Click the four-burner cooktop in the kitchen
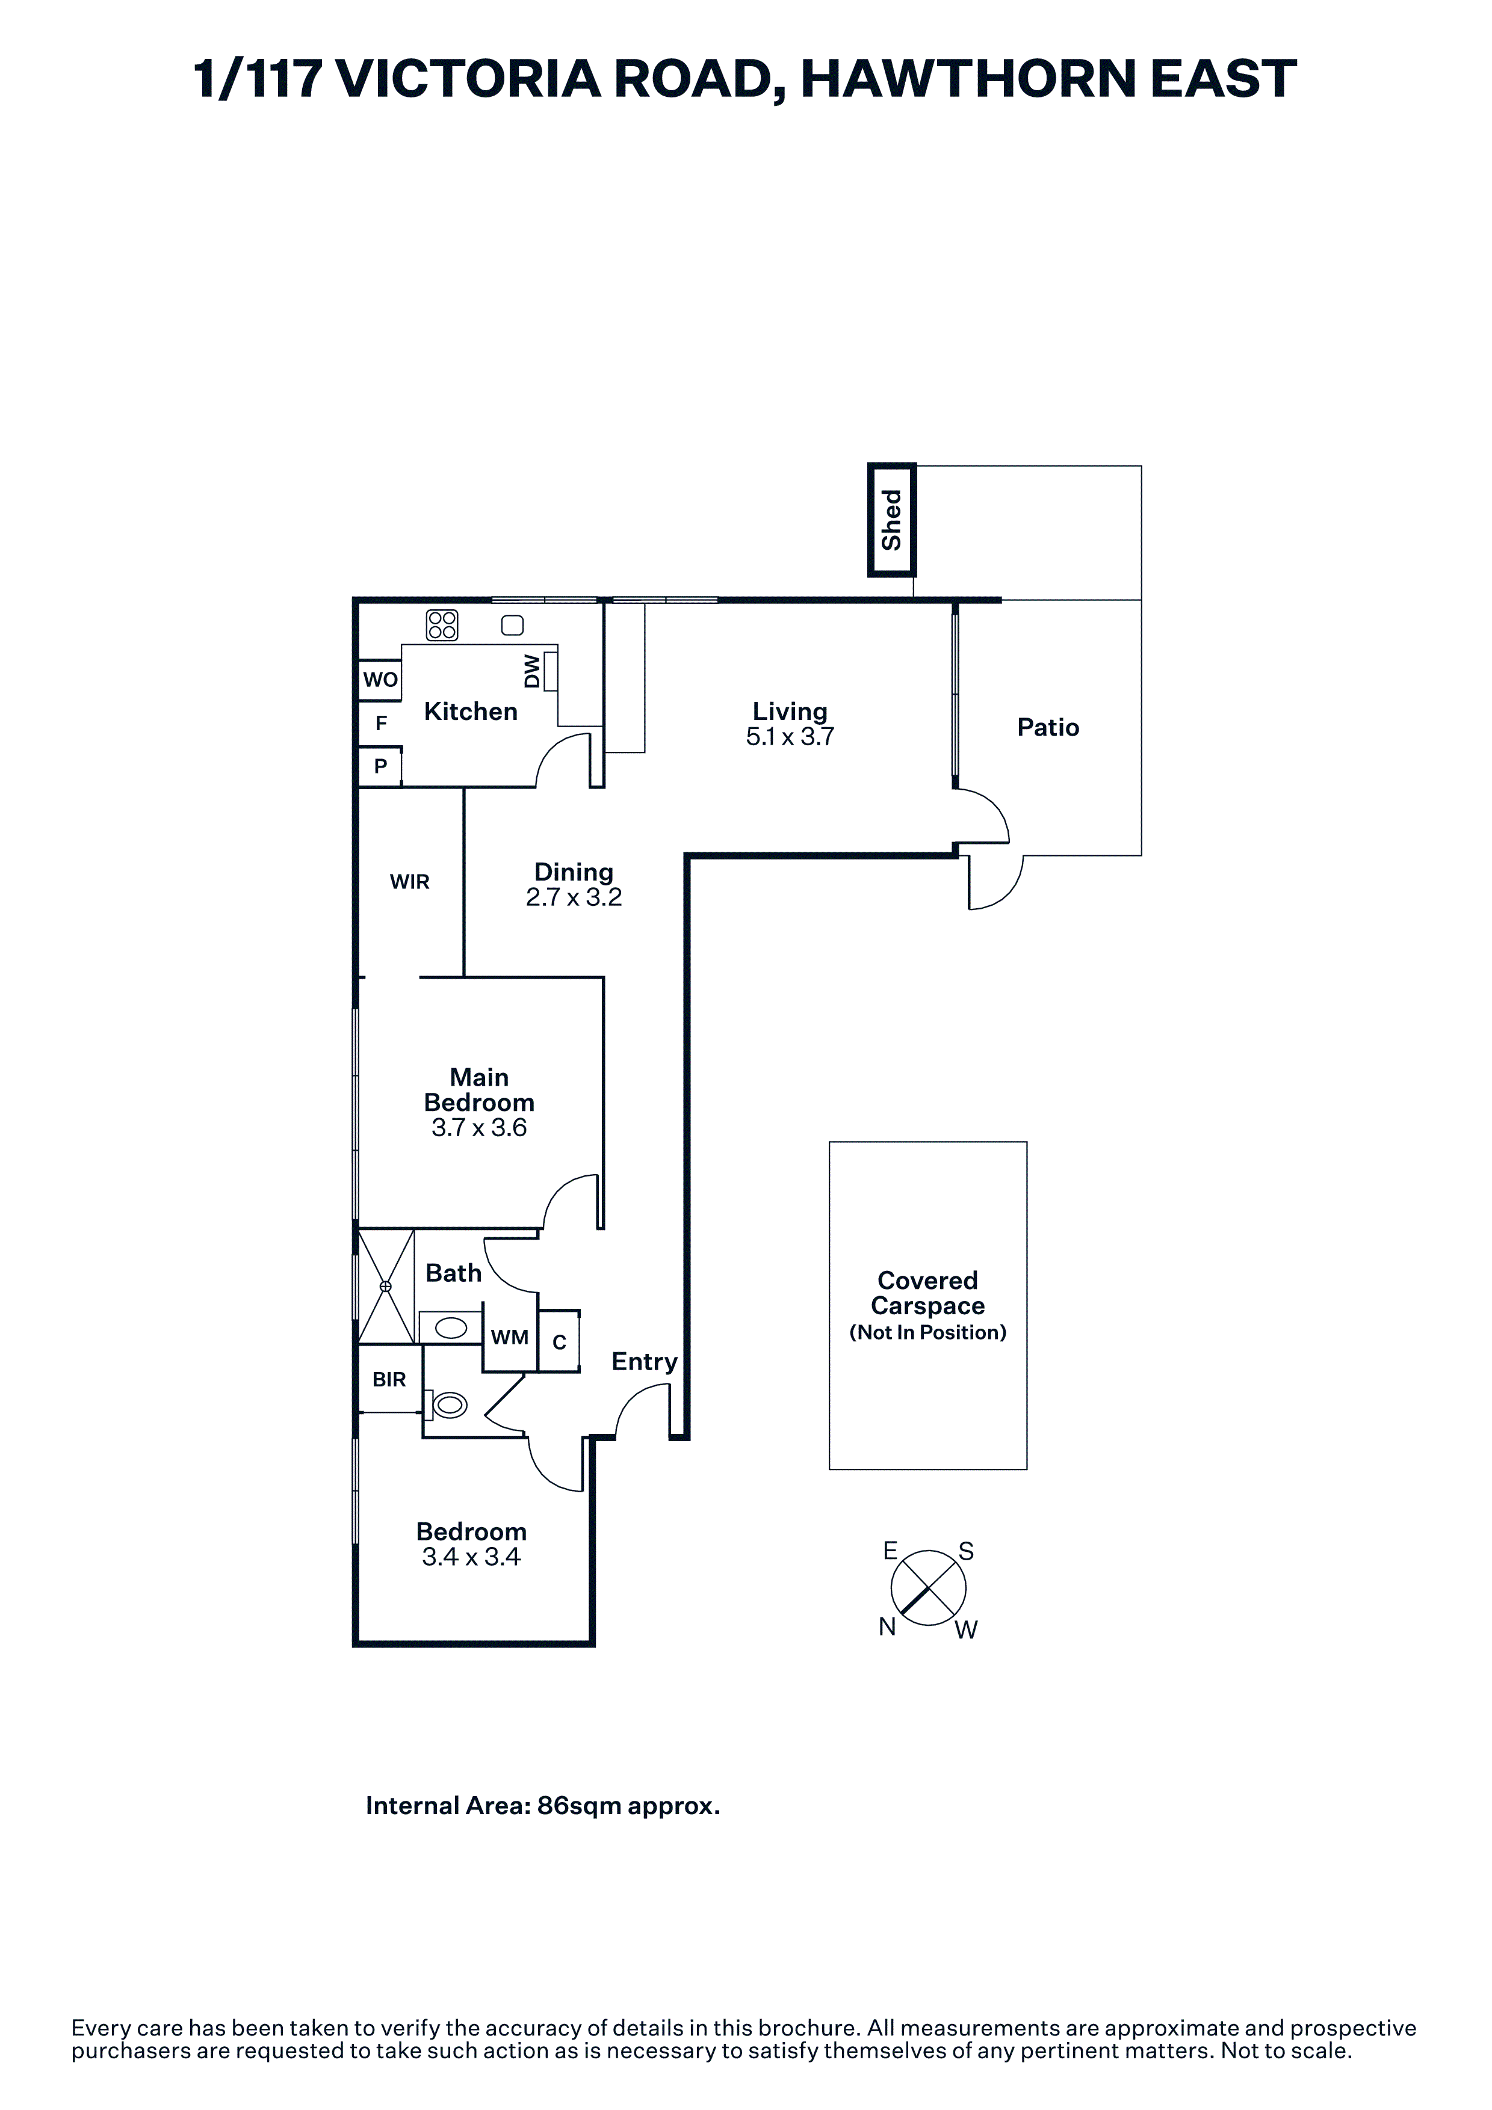[x=442, y=626]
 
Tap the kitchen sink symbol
[x=512, y=626]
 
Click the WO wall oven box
[x=380, y=680]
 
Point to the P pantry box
[x=380, y=766]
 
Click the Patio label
[x=1048, y=728]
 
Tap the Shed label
[x=892, y=520]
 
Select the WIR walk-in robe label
[x=409, y=882]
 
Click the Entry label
[x=645, y=1362]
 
